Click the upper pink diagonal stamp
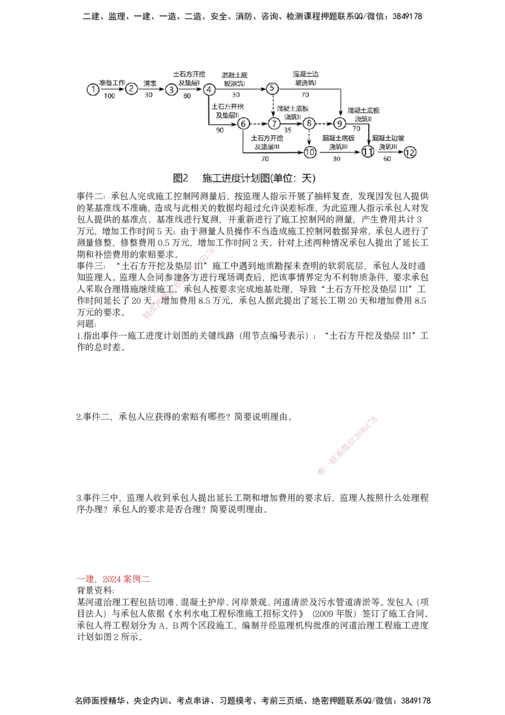pos(180,284)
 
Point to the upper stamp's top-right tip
pos(214,250)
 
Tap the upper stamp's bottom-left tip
pos(145,318)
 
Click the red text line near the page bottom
pos(113,578)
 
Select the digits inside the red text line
pos(114,578)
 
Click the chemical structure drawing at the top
pos(252,117)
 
